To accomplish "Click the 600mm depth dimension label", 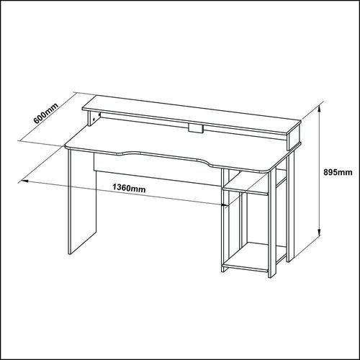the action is pos(46,114).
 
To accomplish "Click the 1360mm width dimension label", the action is pos(129,188).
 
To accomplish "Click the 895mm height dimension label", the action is pos(338,172).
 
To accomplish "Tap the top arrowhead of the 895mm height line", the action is pos(319,109).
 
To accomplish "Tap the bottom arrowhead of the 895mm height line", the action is pos(319,232).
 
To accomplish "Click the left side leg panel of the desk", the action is pos(82,202).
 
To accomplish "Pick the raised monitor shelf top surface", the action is pos(192,114).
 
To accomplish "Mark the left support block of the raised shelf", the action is pos(94,119).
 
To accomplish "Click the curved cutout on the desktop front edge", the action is pos(164,158).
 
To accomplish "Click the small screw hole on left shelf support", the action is pos(94,119).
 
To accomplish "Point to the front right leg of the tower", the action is pos(272,224).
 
